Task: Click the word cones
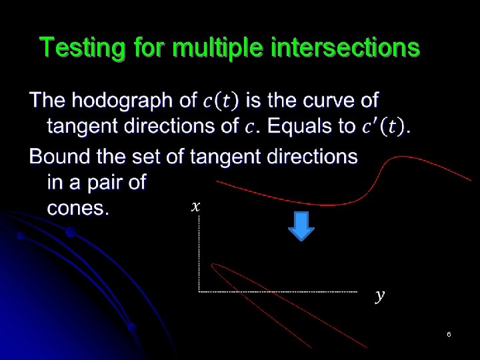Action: [77, 208]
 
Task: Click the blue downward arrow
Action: [301, 226]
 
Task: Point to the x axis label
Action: [195, 207]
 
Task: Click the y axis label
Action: [379, 295]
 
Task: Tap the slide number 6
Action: [449, 334]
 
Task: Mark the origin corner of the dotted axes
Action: [199, 291]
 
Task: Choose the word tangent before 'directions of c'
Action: [85, 127]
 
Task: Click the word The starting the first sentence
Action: [48, 101]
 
